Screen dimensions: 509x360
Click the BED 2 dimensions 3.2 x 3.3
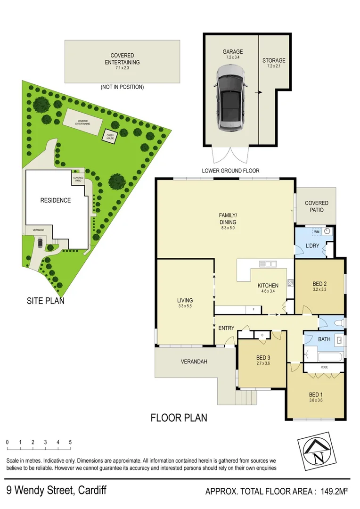tap(319, 290)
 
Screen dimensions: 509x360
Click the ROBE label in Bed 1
tap(324, 367)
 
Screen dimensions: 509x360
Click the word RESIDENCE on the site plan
tap(55, 200)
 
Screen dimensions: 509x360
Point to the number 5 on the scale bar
tap(70, 442)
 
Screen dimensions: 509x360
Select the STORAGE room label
tap(274, 61)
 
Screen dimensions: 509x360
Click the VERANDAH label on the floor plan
tap(193, 362)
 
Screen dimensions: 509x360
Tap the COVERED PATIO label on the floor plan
tap(316, 206)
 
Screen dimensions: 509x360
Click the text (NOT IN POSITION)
tap(122, 87)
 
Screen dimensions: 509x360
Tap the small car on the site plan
tap(40, 243)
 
